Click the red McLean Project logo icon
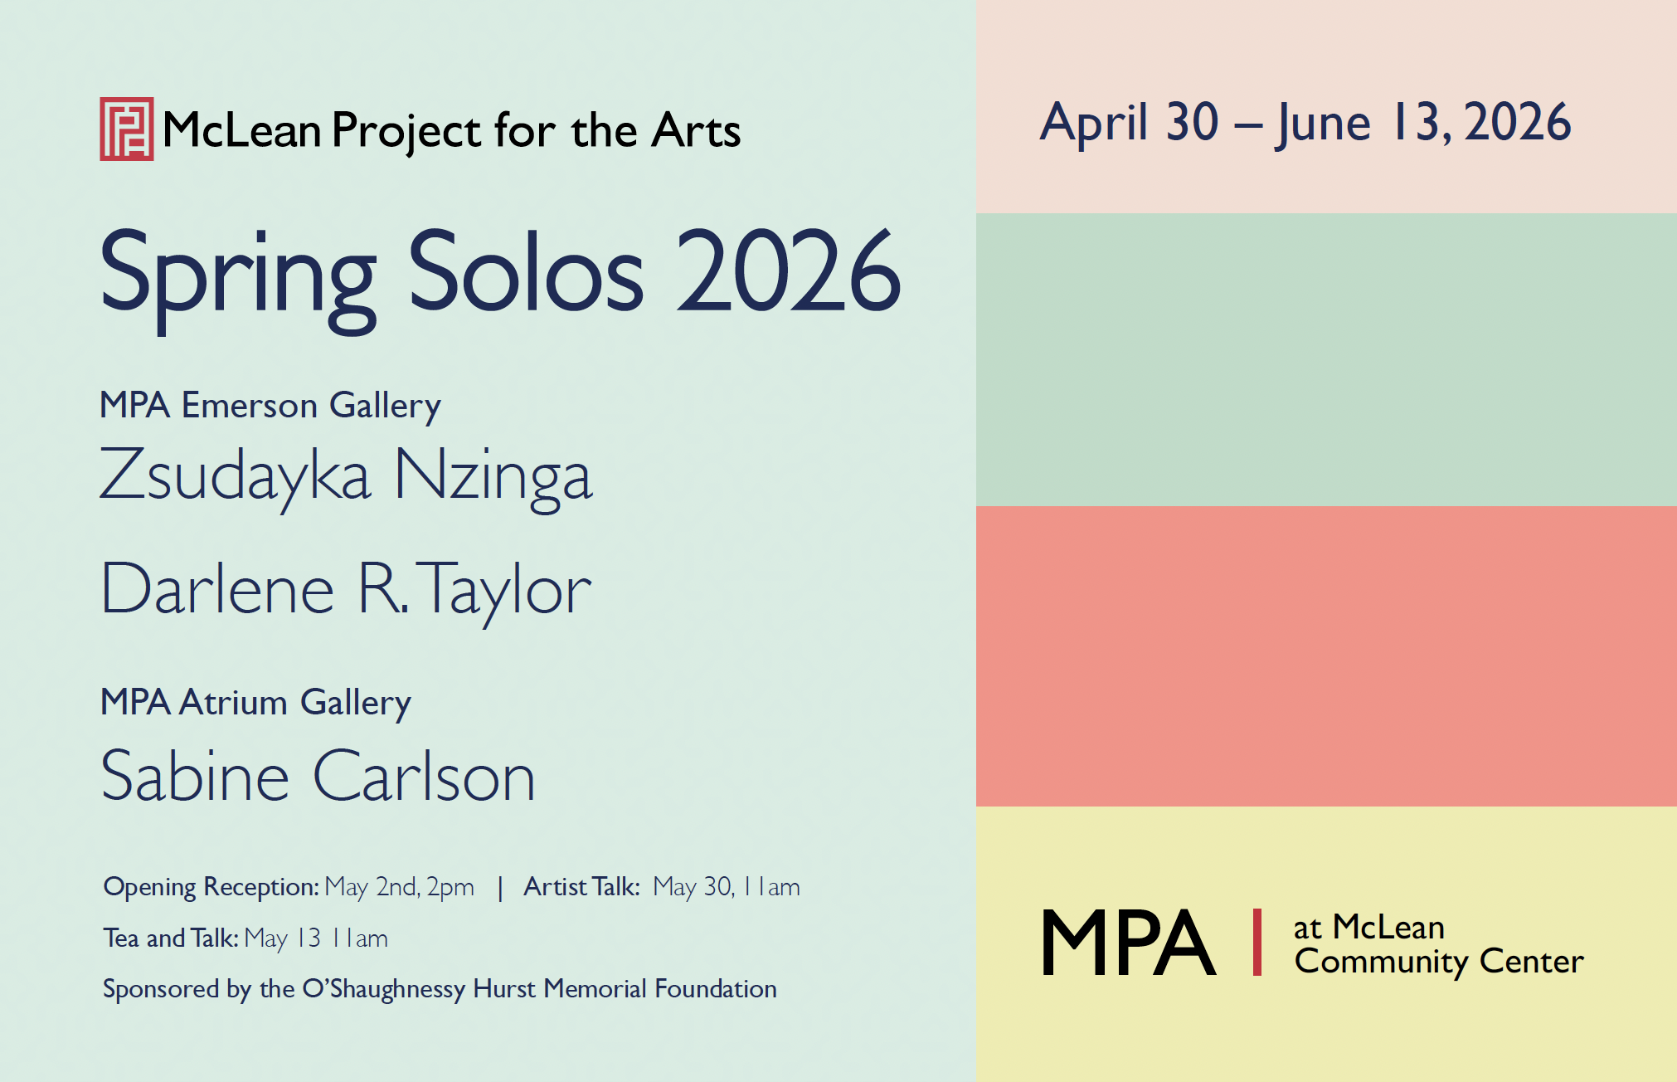127,129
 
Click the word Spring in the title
238,278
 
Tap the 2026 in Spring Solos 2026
789,271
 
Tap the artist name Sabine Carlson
318,776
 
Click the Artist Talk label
581,887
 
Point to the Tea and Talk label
171,938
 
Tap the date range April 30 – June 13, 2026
1305,123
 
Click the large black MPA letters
1128,943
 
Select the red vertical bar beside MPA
1257,943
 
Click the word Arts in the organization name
696,131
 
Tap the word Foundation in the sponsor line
716,989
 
